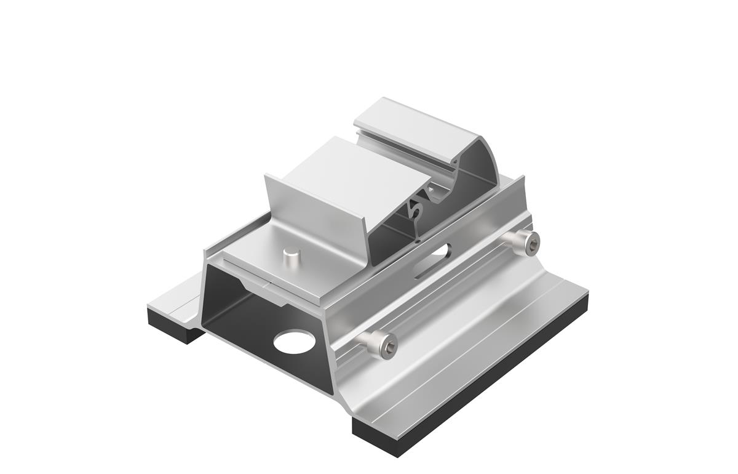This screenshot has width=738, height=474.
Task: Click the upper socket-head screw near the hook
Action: click(526, 243)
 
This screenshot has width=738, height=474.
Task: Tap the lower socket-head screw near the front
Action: click(381, 345)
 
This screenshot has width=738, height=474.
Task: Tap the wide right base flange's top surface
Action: click(480, 345)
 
